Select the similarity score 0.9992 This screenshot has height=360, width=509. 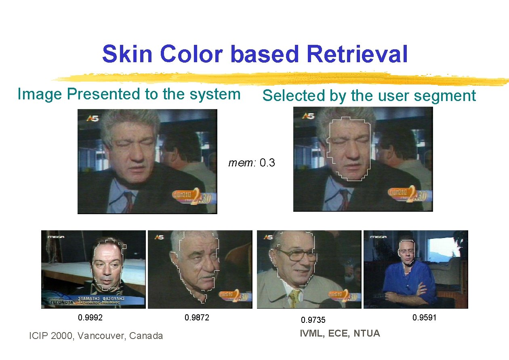[x=90, y=318]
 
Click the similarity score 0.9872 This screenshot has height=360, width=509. [x=197, y=318]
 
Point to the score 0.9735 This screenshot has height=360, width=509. [x=313, y=320]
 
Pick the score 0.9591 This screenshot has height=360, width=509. [x=424, y=318]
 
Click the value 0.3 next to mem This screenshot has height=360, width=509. [x=267, y=163]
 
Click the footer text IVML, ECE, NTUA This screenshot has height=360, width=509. [x=340, y=333]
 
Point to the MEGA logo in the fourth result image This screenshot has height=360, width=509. [x=379, y=237]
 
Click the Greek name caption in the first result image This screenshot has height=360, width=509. [x=101, y=300]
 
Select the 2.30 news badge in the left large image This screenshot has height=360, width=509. [x=194, y=196]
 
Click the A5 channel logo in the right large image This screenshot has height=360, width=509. [x=308, y=116]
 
